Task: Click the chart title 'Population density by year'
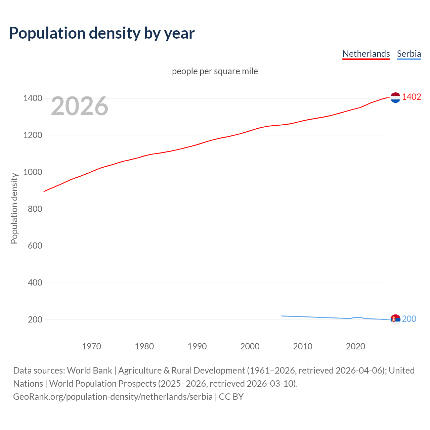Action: coord(102,33)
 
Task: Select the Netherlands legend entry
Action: coord(366,54)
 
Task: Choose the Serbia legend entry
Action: coord(409,54)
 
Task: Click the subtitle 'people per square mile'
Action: coord(215,71)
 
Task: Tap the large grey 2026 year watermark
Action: coord(80,106)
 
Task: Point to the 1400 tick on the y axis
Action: coord(33,98)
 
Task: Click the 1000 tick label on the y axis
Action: coord(33,172)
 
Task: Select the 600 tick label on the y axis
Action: coord(35,246)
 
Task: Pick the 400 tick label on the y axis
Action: coord(35,283)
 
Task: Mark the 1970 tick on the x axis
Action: coord(91,346)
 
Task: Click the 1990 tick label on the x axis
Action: coord(197,346)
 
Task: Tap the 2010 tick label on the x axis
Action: coord(303,346)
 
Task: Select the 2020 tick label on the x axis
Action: coord(355,346)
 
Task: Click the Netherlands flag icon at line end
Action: coord(395,97)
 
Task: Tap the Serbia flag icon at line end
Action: coord(395,319)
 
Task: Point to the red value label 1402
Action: coord(412,97)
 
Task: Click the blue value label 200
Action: coord(409,319)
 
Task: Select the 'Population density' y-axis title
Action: coord(14,208)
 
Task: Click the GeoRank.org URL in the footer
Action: coord(113,397)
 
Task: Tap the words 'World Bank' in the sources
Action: coord(89,371)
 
